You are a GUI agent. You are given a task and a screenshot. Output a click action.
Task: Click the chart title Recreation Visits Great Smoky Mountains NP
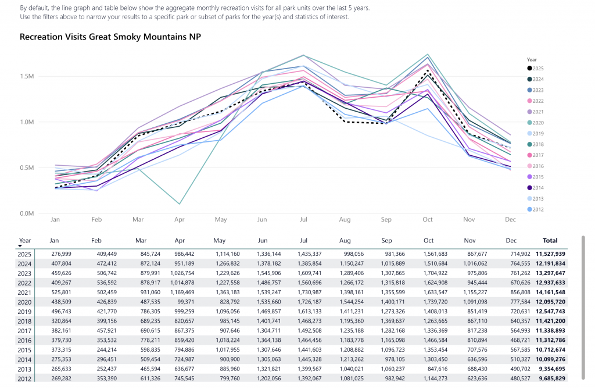[x=110, y=37]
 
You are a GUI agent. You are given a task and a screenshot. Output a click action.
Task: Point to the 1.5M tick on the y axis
[x=27, y=77]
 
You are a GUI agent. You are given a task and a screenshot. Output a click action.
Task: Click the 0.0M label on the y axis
[x=27, y=213]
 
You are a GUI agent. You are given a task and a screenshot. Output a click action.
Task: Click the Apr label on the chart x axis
[x=179, y=220]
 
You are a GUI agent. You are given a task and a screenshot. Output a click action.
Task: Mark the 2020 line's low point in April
[x=179, y=204]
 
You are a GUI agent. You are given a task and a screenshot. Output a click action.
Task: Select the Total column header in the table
[x=550, y=240]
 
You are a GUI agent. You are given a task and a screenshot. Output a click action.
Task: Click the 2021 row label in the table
[x=24, y=292]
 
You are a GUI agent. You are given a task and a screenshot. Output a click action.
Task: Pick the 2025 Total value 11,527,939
[x=550, y=254]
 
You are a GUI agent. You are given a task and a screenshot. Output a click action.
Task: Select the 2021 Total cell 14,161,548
[x=550, y=292]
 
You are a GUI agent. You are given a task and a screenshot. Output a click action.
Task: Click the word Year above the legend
[x=532, y=59]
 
